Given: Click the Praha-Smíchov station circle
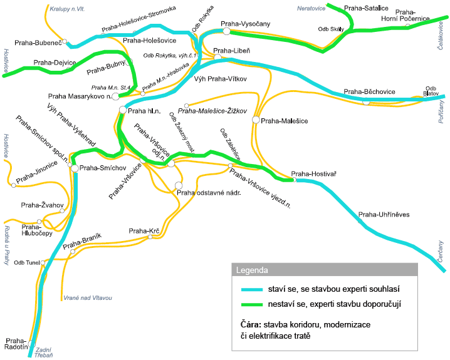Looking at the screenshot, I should pos(75,168).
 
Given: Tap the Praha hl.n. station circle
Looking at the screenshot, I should pos(122,110).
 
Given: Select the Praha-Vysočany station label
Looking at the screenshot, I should pos(245,24).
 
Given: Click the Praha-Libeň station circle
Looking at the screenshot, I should pos(217,58).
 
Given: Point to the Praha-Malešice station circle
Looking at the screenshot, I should pos(256,119).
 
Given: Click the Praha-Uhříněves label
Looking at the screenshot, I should pos(384,215).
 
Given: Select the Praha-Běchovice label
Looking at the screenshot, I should pos(369,91).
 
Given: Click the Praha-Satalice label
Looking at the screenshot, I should pos(367,8).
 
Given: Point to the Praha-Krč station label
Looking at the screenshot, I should pos(144,232).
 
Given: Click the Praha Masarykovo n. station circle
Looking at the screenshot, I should pos(116,96).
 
